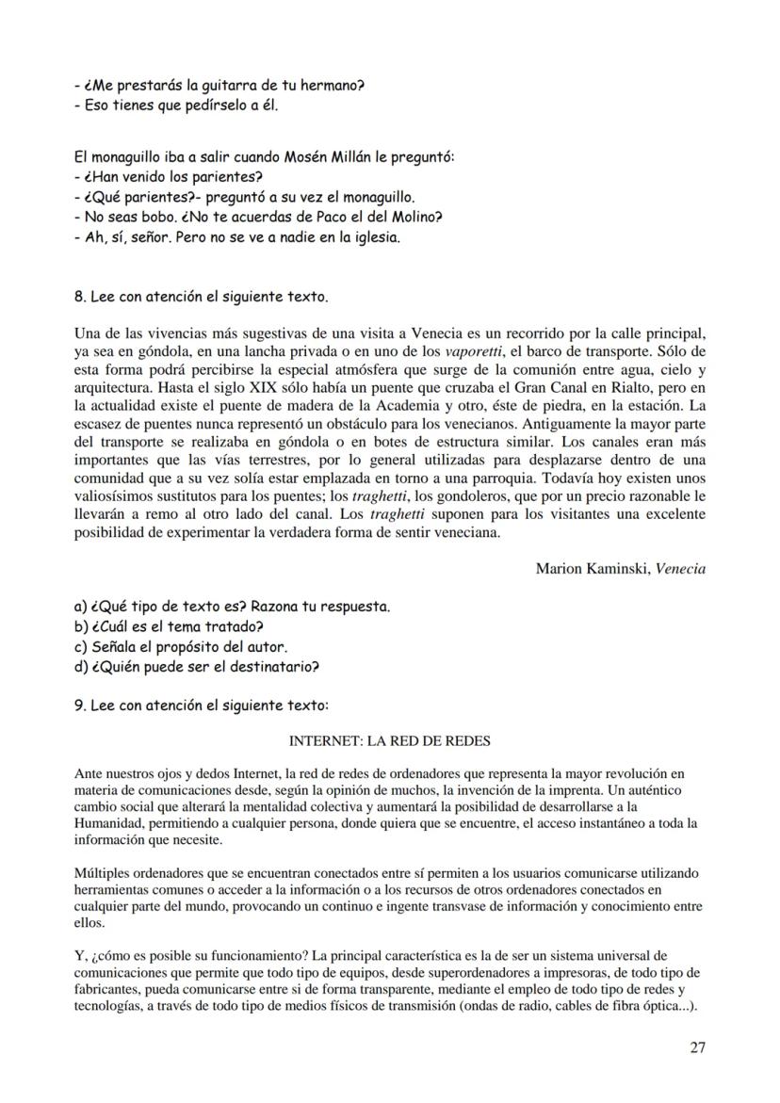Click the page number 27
click(697, 1046)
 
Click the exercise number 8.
click(78, 297)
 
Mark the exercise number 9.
click(78, 705)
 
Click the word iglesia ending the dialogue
click(373, 238)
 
